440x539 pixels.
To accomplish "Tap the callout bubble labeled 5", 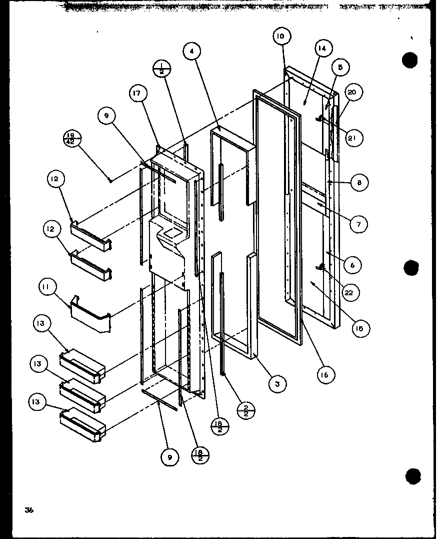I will pyautogui.click(x=340, y=67).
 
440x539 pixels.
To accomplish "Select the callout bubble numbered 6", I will pyautogui.click(x=352, y=265).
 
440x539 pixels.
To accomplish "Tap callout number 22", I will pyautogui.click(x=349, y=293).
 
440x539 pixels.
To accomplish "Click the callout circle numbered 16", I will pyautogui.click(x=325, y=374).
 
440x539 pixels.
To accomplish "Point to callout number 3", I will pyautogui.click(x=277, y=383).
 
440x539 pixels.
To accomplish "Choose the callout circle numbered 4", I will pyautogui.click(x=192, y=51).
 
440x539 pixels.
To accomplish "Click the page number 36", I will pyautogui.click(x=28, y=510).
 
